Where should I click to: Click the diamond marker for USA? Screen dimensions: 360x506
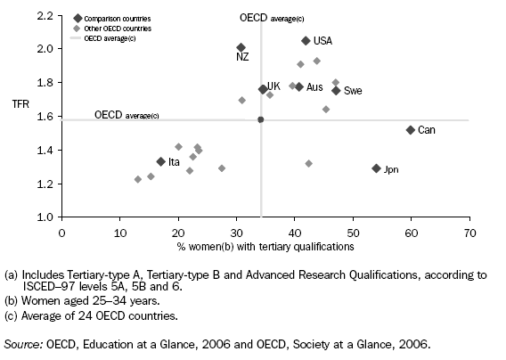pos(306,41)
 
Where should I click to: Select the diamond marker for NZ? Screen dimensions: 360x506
pos(241,48)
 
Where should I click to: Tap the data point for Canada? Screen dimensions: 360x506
pos(411,130)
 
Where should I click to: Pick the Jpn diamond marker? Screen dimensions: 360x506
pos(376,168)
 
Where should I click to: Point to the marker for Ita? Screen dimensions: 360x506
pos(161,161)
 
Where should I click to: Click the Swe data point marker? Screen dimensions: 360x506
pos(336,90)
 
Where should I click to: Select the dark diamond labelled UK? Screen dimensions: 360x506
pos(263,89)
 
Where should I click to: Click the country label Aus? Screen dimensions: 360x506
pos(314,87)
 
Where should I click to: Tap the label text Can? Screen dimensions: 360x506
pos(427,130)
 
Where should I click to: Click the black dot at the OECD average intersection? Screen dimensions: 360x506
pos(260,119)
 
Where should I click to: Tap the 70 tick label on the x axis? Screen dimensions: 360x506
pos(469,233)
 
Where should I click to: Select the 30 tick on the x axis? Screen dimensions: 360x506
pos(236,233)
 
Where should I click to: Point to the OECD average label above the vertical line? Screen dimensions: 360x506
pos(272,18)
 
